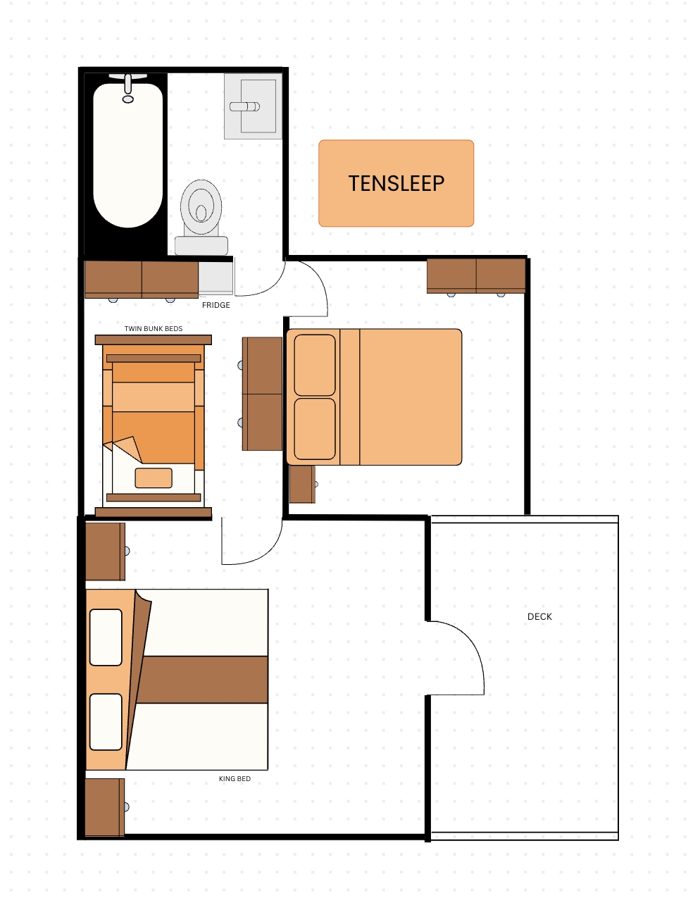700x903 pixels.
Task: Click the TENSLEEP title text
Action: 396,183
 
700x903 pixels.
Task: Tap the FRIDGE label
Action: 215,305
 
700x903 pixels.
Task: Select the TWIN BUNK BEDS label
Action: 154,329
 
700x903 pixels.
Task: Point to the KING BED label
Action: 235,779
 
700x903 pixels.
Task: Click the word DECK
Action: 539,617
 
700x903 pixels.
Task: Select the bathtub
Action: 128,155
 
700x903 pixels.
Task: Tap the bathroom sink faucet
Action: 244,107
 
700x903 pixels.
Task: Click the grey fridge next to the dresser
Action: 215,278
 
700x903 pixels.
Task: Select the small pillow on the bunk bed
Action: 154,478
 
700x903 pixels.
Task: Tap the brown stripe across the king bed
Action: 202,680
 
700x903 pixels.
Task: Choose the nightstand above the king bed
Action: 105,552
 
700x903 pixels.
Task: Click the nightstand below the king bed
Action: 105,807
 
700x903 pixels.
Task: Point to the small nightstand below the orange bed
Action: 302,485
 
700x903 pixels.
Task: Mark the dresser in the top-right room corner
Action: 476,276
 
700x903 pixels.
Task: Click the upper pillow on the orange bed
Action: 315,365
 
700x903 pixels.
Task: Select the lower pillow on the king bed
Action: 106,721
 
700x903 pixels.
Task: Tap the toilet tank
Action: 201,246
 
